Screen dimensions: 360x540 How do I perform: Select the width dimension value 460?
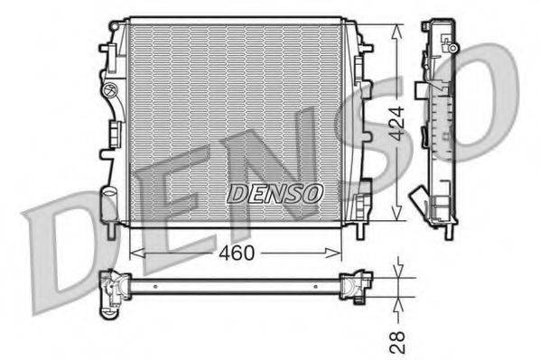point(237,254)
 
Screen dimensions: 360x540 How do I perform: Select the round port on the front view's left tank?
point(109,89)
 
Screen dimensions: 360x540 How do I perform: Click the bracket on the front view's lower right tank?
point(363,192)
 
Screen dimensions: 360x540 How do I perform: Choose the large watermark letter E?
point(163,217)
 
